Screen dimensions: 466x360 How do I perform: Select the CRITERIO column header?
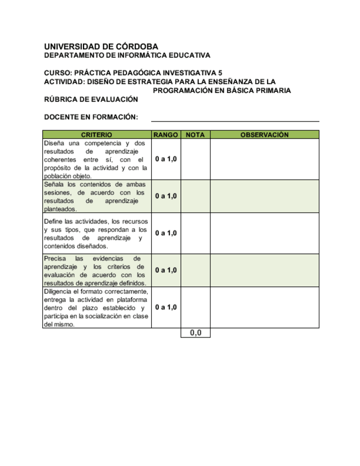point(97,135)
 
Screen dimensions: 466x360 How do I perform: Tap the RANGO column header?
point(165,135)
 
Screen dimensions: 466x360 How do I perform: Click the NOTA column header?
point(195,135)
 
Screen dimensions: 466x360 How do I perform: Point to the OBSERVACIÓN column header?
point(264,135)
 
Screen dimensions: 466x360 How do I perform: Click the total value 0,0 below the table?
point(196,333)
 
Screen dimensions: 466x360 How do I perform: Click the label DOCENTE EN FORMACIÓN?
point(91,117)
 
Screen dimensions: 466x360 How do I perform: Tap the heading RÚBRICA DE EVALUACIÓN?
point(91,99)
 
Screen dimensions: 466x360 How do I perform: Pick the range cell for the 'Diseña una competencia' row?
point(165,159)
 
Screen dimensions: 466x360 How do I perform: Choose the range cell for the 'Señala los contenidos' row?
point(165,196)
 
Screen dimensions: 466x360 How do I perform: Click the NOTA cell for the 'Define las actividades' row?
point(195,233)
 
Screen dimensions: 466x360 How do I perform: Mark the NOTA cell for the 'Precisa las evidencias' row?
point(195,270)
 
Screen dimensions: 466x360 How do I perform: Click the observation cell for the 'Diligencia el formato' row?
point(264,307)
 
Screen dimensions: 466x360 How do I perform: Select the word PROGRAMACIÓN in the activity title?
point(179,91)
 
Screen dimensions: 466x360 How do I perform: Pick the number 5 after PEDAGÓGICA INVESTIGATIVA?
point(220,73)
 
